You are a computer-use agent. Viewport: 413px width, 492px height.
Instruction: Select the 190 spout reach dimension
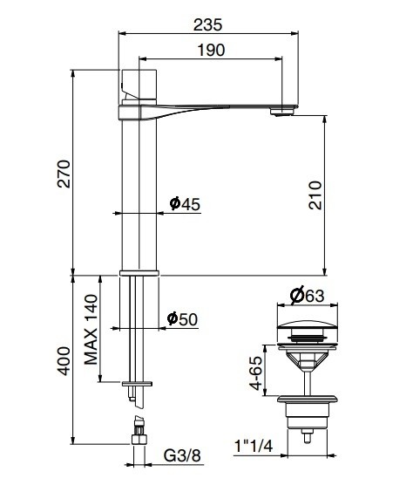(x=210, y=51)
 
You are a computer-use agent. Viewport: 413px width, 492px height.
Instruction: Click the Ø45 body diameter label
(x=185, y=204)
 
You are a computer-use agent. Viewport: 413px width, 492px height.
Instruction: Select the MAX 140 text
(x=91, y=329)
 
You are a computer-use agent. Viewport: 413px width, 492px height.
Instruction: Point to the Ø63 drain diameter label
(x=308, y=296)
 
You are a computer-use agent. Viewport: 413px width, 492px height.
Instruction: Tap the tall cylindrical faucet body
(x=139, y=192)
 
